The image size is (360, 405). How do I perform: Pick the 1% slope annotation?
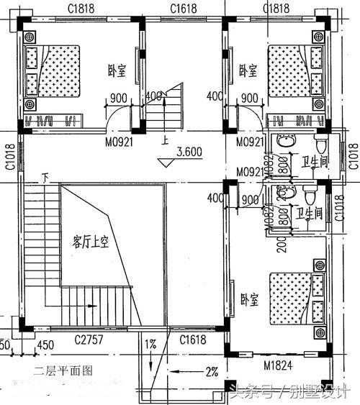click(150, 345)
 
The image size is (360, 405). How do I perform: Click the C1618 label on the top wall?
click(184, 9)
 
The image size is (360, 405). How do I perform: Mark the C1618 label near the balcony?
click(194, 339)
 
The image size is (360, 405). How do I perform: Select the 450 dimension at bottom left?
click(44, 346)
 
